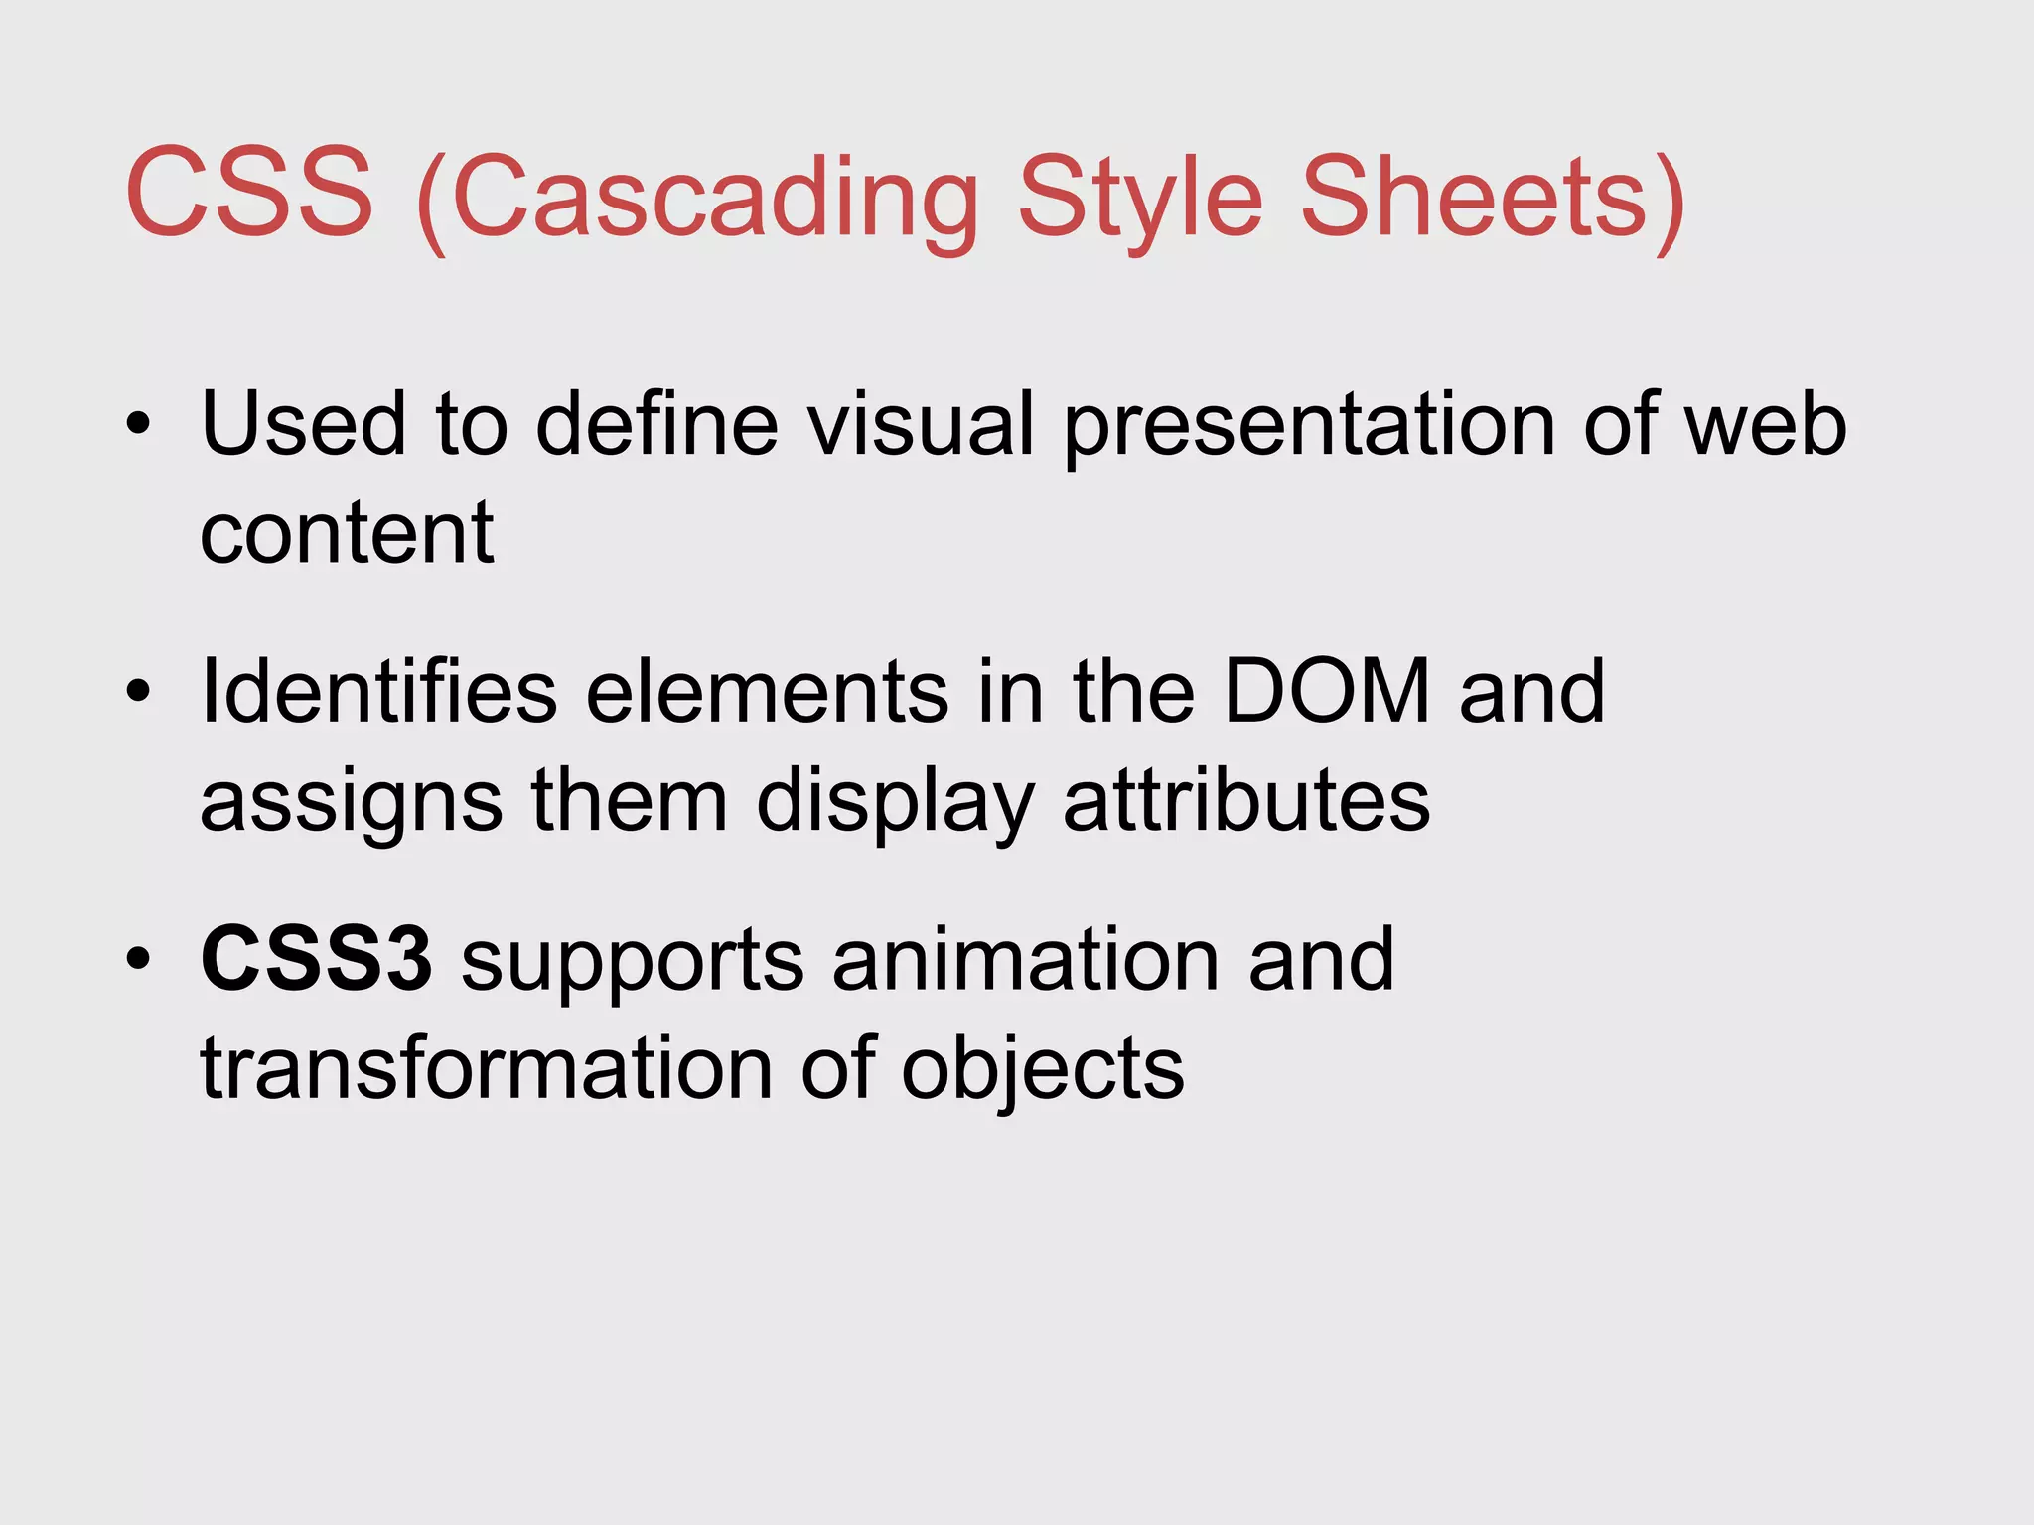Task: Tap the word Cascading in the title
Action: [x=715, y=199]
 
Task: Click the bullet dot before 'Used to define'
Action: [x=139, y=425]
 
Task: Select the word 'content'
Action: [x=347, y=533]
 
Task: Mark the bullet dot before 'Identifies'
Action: [x=139, y=691]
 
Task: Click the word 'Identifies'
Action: [x=378, y=691]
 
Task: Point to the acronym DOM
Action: [x=1327, y=691]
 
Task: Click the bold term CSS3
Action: [x=316, y=959]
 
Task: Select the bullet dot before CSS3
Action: [x=139, y=959]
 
